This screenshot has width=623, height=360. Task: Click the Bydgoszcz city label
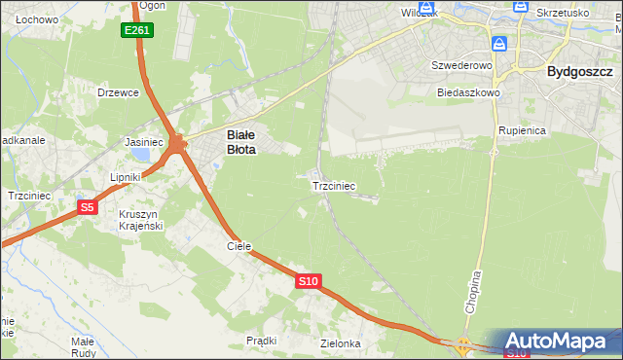[579, 71]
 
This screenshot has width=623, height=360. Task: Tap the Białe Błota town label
[241, 143]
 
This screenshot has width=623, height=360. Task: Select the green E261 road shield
[137, 31]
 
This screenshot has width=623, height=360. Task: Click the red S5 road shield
[88, 207]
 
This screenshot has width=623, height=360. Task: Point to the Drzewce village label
[119, 92]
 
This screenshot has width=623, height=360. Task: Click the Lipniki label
[126, 177]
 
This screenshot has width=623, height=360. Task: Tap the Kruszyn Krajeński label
[140, 220]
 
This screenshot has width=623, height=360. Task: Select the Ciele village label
[239, 246]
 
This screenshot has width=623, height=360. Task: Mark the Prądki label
[262, 341]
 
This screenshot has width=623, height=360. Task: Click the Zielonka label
[341, 343]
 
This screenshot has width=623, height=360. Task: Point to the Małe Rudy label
[82, 347]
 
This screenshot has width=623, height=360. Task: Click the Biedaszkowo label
[468, 93]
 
